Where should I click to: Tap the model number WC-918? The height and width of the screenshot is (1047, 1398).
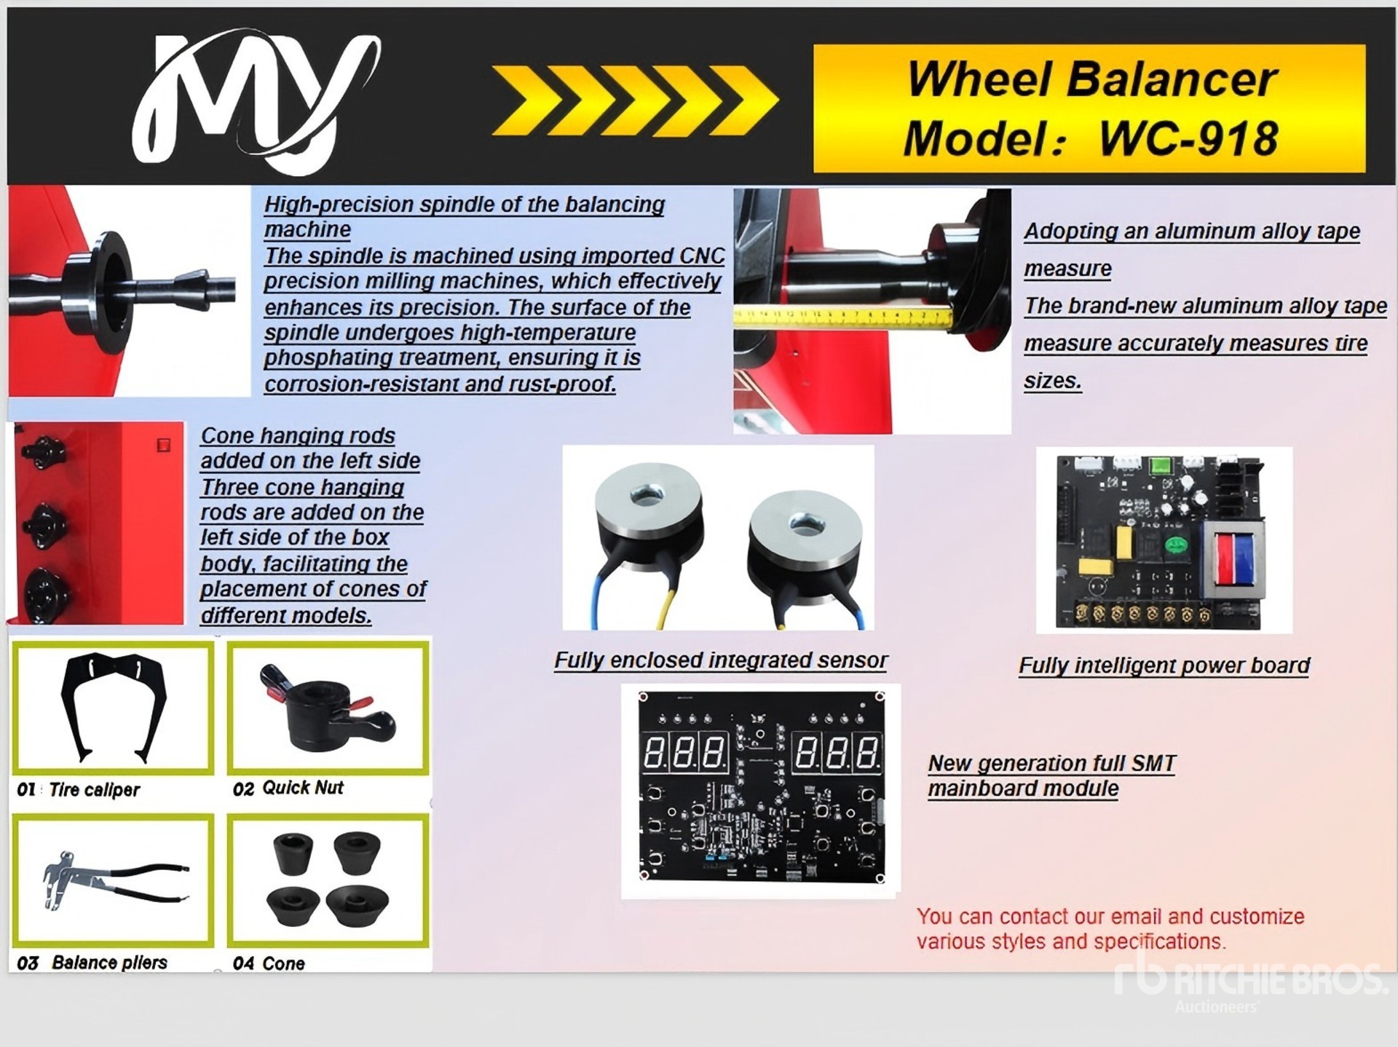pos(1188,138)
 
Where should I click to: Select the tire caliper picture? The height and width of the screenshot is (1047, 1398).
pos(114,708)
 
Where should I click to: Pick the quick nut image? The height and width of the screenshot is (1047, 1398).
pos(328,708)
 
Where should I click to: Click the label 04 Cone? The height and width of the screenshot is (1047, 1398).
pos(269,963)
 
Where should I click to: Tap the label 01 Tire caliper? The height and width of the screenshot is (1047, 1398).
pos(79,789)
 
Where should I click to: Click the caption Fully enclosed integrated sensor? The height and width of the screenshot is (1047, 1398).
pos(721,660)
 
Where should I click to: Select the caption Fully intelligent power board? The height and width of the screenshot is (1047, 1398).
pos(1164,665)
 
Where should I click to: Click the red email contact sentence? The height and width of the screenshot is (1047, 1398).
pos(1110,928)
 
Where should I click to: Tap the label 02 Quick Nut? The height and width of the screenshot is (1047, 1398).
pos(288,788)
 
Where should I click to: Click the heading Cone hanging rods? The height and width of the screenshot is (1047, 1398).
pos(298,435)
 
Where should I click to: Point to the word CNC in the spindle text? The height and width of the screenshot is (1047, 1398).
pos(702,256)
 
